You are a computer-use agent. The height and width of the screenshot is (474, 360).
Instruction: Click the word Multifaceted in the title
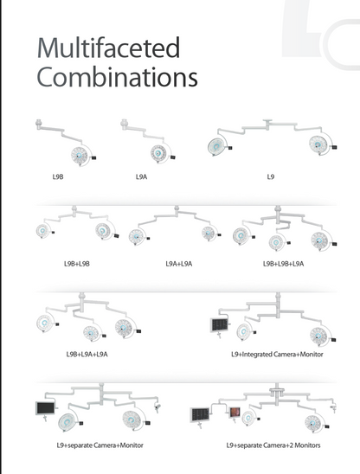pos(108,48)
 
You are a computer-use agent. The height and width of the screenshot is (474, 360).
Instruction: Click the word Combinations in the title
pos(117,77)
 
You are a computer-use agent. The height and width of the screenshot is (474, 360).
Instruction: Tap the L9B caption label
pos(58,176)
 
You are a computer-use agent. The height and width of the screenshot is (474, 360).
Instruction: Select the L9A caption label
pos(141,176)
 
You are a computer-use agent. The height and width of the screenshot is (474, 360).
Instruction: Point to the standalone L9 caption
pos(271,176)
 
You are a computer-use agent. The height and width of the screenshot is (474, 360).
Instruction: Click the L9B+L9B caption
pos(77,264)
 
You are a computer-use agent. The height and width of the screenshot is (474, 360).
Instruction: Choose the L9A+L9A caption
pos(179,264)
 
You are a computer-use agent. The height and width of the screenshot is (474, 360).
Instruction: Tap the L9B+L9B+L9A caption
pos(284,264)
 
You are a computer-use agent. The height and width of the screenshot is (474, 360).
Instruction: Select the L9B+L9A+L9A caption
pos(87,354)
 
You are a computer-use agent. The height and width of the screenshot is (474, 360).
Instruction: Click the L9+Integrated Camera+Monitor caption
pos(277,354)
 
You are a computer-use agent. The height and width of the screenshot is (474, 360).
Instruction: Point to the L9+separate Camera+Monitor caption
pos(100,445)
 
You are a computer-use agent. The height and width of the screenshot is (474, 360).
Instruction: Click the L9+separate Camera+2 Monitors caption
pos(273,445)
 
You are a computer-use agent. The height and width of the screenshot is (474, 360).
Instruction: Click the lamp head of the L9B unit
pos(80,156)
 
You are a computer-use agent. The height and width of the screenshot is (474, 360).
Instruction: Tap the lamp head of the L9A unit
pos(157,153)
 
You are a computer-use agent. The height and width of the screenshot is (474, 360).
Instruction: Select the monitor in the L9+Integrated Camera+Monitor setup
pos(219,325)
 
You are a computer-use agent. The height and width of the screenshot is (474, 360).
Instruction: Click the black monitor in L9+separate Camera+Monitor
pos(45,408)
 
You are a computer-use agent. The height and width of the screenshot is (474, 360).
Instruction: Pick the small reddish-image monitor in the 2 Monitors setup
pos(235,413)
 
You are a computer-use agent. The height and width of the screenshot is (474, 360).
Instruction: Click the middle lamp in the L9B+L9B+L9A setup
pos(276,242)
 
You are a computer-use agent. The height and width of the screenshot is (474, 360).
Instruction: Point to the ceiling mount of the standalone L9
pos(267,122)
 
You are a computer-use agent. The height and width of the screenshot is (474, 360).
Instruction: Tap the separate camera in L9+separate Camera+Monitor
pos(157,407)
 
